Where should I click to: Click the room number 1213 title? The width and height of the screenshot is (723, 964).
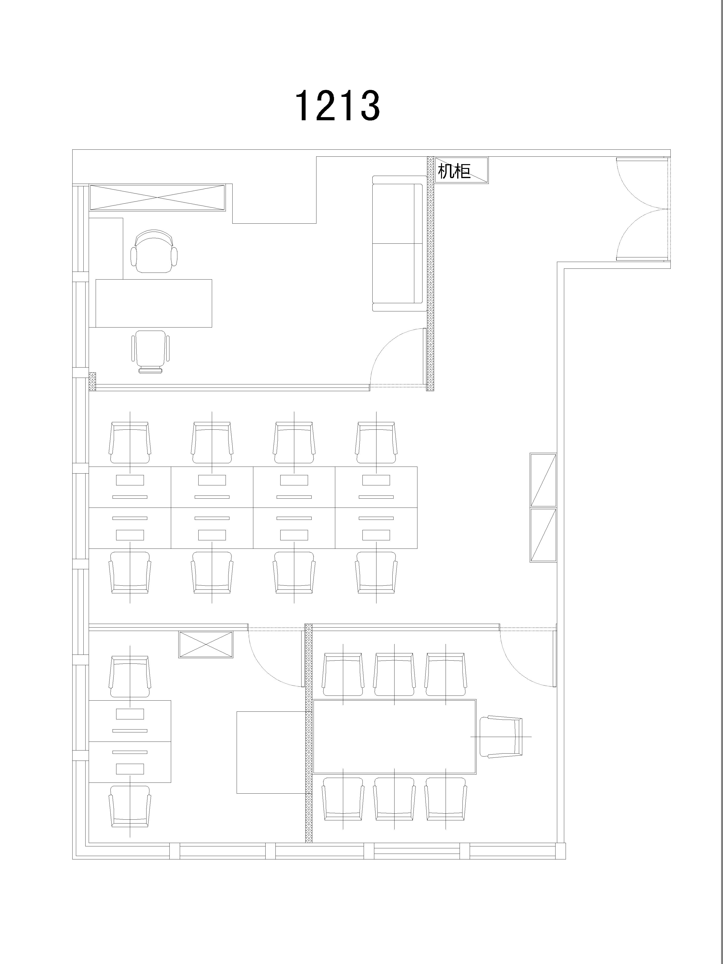click(x=337, y=106)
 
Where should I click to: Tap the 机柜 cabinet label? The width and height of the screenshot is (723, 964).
click(x=454, y=171)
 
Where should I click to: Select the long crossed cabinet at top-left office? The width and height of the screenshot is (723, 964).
click(x=157, y=198)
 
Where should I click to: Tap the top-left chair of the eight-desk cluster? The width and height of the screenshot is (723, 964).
click(x=130, y=442)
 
